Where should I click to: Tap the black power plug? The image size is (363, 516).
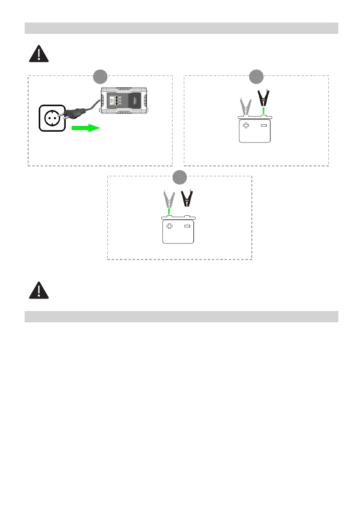(x=72, y=114)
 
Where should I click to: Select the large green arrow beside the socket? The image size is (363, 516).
(x=85, y=128)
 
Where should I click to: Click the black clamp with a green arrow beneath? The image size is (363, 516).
(x=263, y=99)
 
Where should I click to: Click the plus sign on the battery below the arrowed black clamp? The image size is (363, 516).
(x=246, y=126)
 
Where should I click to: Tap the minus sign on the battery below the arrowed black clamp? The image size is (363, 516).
(x=263, y=126)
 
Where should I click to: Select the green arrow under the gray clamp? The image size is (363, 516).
(x=169, y=211)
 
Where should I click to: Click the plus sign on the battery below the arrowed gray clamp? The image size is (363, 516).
(x=169, y=226)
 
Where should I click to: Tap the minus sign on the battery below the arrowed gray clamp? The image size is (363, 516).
(x=187, y=226)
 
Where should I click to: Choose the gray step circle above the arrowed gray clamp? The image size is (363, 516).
(x=180, y=177)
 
